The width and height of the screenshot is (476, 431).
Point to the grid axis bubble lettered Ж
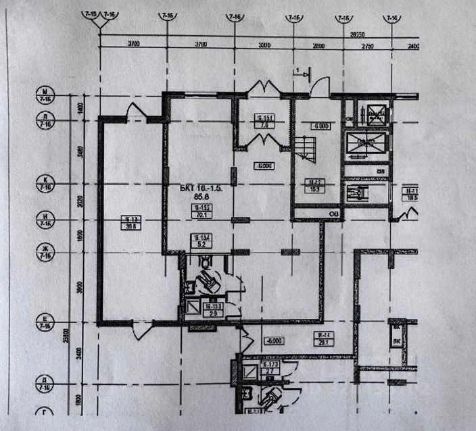[46, 253]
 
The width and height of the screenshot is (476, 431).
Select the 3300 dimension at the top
[264, 45]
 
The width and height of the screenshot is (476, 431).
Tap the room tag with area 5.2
[199, 241]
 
